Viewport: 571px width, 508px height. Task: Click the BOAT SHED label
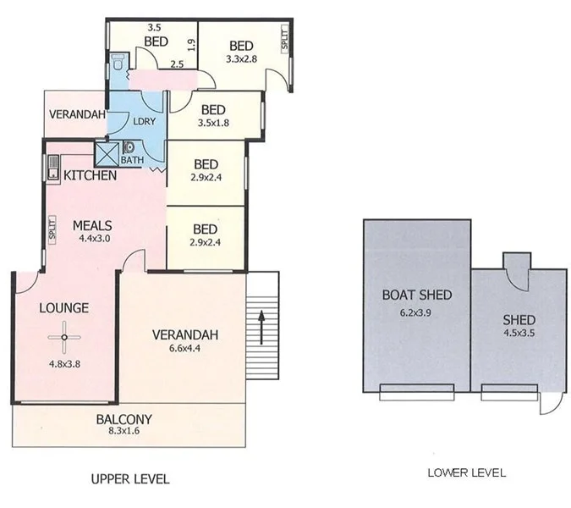click(x=416, y=295)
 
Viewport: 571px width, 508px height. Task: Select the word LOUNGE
click(x=63, y=308)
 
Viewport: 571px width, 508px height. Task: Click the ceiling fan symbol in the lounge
click(x=63, y=338)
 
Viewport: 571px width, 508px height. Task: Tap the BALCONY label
click(x=124, y=418)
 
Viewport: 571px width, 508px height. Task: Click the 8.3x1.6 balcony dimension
click(x=124, y=432)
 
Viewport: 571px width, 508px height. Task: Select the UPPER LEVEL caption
click(x=129, y=479)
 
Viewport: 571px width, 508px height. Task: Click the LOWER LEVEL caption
click(x=467, y=472)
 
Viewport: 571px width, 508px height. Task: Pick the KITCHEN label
click(x=91, y=176)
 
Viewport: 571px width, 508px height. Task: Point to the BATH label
click(x=132, y=159)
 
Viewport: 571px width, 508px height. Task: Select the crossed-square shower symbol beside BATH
click(x=107, y=153)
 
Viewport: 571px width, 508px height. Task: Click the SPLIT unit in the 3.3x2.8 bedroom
click(x=284, y=39)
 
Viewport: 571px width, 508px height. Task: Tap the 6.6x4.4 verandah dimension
click(x=185, y=351)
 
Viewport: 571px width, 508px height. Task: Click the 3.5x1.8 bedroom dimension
click(x=213, y=124)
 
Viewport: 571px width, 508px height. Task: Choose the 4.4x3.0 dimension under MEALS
click(x=94, y=239)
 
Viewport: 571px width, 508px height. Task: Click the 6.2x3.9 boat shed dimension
click(x=415, y=312)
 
